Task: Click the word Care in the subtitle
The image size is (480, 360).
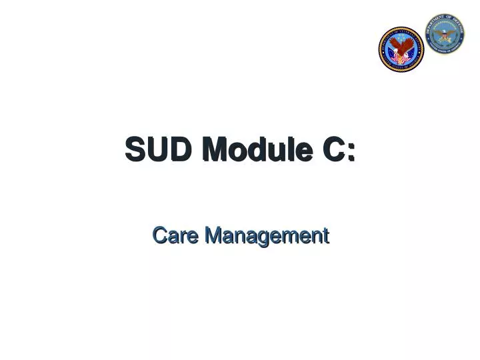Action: pos(175,235)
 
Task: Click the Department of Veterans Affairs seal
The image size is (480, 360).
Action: pos(401,49)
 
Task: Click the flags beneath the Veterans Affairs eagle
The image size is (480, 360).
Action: pos(401,59)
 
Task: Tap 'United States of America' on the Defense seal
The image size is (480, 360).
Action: pos(445,50)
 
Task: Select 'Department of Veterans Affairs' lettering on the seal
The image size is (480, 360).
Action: pos(401,31)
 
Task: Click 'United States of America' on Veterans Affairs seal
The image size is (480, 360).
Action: pos(401,67)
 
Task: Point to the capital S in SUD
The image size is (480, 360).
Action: pos(135,149)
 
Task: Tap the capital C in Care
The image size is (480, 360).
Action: pos(159,235)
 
